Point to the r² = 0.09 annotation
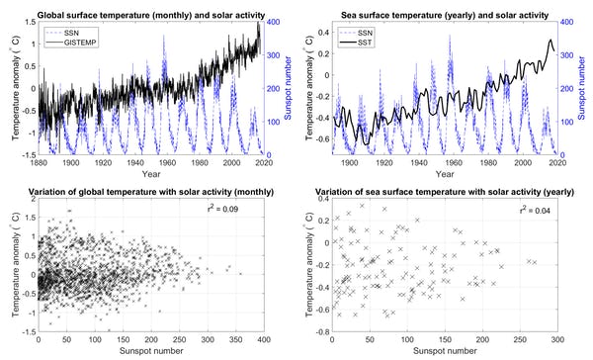236,209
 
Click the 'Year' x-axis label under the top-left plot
149,174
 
